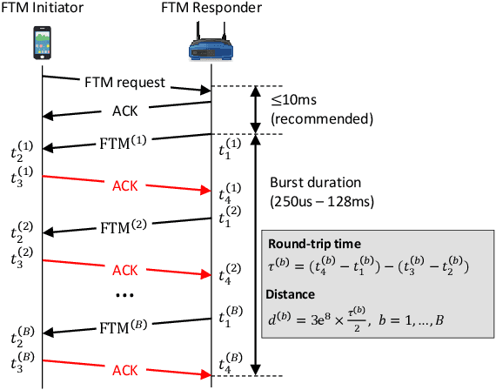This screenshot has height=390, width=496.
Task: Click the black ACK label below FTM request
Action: (124, 111)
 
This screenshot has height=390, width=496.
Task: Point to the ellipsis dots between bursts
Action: (124, 296)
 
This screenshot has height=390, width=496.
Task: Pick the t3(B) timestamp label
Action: (23, 356)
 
